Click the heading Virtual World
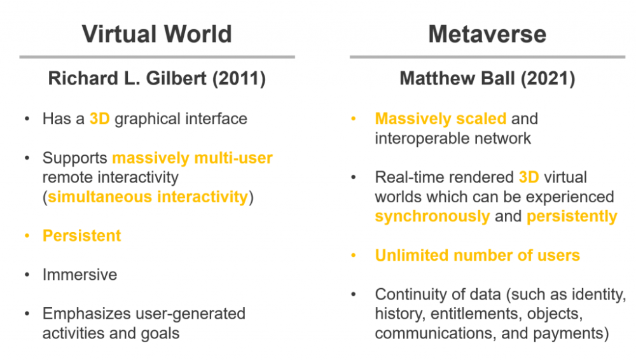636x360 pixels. point(157,34)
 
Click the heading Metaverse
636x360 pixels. point(487,34)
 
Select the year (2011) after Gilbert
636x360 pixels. point(239,78)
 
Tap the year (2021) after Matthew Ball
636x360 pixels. point(548,78)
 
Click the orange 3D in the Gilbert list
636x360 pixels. point(99,119)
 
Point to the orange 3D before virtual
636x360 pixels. point(529,177)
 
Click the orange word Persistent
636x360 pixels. point(81,236)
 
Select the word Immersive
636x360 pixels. point(80,275)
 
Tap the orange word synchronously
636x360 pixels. point(432,217)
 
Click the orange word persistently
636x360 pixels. point(572,217)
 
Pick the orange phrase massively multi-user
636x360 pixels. point(192,158)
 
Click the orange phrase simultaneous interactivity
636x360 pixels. point(148,197)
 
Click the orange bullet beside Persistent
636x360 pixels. point(27,236)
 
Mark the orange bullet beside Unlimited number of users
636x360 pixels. point(353,255)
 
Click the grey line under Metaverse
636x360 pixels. point(487,57)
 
